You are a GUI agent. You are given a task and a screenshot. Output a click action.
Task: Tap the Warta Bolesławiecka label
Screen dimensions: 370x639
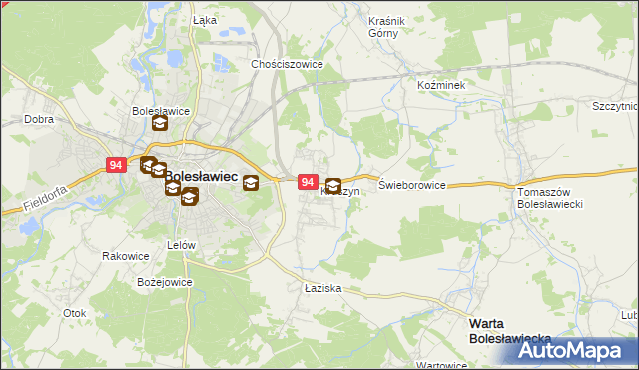click(x=509, y=331)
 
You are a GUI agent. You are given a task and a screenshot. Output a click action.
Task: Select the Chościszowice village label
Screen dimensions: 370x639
click(x=288, y=63)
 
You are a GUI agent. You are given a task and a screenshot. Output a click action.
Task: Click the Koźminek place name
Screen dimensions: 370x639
click(x=441, y=86)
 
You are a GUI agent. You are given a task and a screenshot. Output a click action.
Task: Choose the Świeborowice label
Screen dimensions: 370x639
click(x=412, y=186)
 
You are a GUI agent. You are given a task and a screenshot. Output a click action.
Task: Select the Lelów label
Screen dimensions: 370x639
click(x=181, y=245)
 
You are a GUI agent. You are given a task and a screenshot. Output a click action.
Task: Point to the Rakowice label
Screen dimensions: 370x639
click(x=125, y=256)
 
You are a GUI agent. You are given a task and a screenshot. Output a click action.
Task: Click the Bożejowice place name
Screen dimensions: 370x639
click(x=164, y=282)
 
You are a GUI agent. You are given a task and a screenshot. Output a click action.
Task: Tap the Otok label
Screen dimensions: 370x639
click(x=75, y=313)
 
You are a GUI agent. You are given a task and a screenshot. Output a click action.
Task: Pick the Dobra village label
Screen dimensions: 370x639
click(x=39, y=118)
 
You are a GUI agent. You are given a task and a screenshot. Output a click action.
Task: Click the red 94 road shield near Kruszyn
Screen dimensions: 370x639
click(x=309, y=183)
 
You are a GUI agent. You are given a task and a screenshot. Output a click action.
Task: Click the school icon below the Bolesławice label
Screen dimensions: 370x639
click(x=160, y=125)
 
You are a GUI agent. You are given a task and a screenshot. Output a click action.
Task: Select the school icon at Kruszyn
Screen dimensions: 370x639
click(x=332, y=186)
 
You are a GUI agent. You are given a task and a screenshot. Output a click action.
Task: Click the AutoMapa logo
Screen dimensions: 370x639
click(x=576, y=350)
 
